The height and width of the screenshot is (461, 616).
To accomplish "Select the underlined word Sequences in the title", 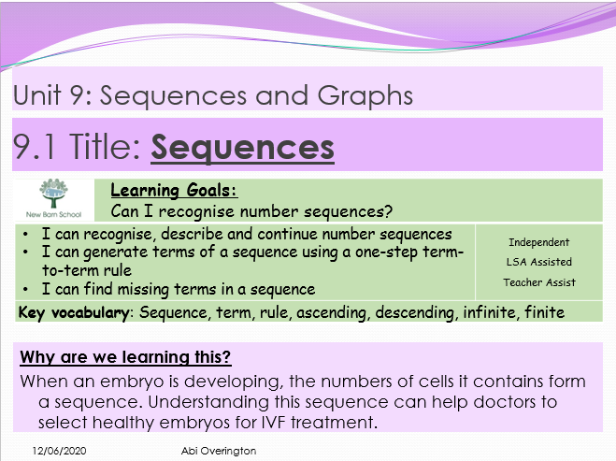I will tap(242, 146).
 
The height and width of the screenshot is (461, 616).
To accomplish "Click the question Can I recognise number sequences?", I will tap(251, 210).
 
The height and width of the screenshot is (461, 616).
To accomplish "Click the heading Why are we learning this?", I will tap(126, 357).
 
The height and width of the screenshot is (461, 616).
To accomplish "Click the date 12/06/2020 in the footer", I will tap(54, 451).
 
